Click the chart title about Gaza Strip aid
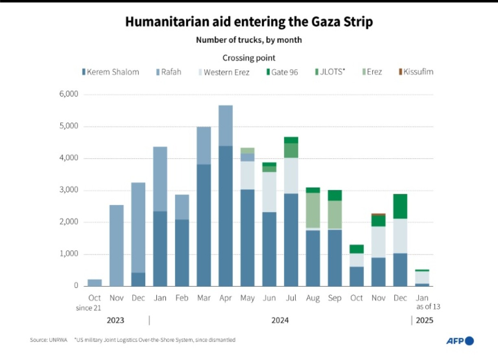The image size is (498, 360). (249, 22)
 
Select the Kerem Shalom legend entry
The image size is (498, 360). (111, 72)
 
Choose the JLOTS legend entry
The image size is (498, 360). (330, 72)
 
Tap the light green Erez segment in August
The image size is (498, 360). (313, 210)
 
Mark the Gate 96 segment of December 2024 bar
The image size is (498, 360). (400, 206)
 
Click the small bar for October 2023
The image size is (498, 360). (95, 283)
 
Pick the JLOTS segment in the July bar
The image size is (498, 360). (291, 151)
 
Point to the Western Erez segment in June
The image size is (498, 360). (269, 192)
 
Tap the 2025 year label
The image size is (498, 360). (424, 321)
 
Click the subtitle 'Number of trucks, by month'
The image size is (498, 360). (249, 40)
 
